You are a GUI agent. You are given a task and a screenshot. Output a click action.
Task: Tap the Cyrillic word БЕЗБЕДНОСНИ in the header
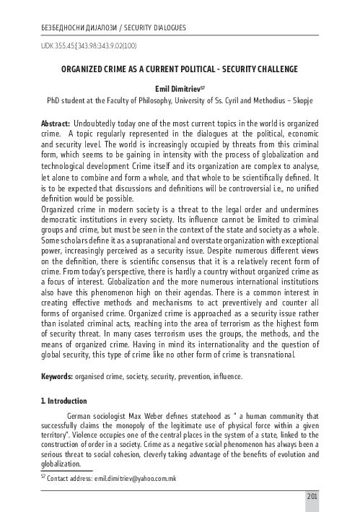point(62,28)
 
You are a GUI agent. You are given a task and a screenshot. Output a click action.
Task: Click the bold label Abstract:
point(56,123)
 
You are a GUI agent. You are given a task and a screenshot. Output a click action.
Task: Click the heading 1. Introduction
point(64,401)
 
